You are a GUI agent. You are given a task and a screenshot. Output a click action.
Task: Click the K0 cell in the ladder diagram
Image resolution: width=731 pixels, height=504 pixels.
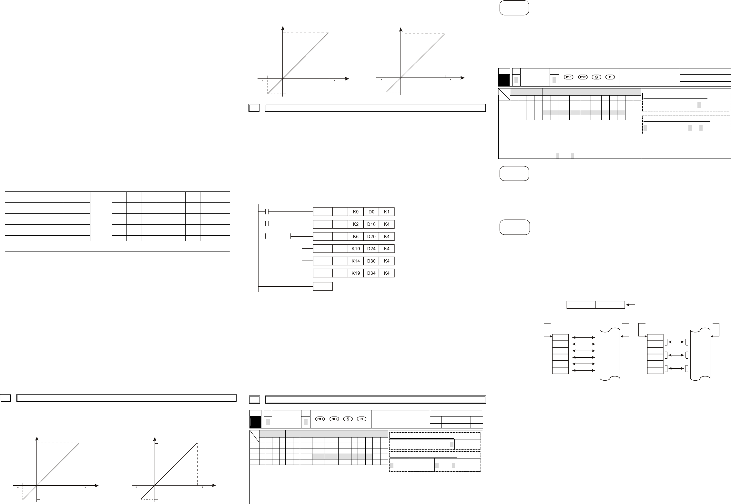[356, 212]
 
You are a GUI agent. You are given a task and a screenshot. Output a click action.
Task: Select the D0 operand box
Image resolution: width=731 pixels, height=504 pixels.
[371, 212]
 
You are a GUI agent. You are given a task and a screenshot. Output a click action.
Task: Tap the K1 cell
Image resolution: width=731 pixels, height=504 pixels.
[387, 212]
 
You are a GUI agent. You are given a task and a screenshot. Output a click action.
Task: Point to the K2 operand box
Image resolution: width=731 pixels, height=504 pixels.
[356, 224]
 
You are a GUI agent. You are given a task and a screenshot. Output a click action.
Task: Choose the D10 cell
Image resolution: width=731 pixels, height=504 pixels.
[371, 224]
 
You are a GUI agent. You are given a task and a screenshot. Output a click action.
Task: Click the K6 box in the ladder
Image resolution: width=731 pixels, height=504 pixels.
[356, 237]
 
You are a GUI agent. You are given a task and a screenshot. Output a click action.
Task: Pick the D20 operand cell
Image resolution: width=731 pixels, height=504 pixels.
[371, 237]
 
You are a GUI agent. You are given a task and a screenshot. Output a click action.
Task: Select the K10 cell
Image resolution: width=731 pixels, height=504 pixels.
[356, 249]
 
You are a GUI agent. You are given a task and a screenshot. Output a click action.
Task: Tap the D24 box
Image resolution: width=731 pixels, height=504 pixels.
[371, 249]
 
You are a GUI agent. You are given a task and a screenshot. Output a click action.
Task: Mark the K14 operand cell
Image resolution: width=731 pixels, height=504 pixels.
[356, 261]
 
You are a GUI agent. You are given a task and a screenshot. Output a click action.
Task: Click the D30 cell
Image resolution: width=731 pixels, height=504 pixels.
[371, 261]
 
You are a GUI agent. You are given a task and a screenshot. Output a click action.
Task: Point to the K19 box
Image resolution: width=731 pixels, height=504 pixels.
[356, 273]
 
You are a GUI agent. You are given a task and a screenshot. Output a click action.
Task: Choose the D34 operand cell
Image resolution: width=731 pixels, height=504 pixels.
[371, 273]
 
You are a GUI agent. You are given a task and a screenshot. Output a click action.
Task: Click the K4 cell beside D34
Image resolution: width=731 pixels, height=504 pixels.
[387, 273]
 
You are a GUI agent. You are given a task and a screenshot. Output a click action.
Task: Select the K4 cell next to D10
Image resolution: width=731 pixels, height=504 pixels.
[387, 224]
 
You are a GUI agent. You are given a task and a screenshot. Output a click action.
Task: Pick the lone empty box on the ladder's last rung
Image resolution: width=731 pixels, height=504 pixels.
[323, 286]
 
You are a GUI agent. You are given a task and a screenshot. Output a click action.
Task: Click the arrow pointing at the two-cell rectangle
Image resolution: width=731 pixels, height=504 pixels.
[631, 304]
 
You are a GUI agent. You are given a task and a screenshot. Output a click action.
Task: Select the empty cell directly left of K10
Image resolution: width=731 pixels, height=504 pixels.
[340, 249]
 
